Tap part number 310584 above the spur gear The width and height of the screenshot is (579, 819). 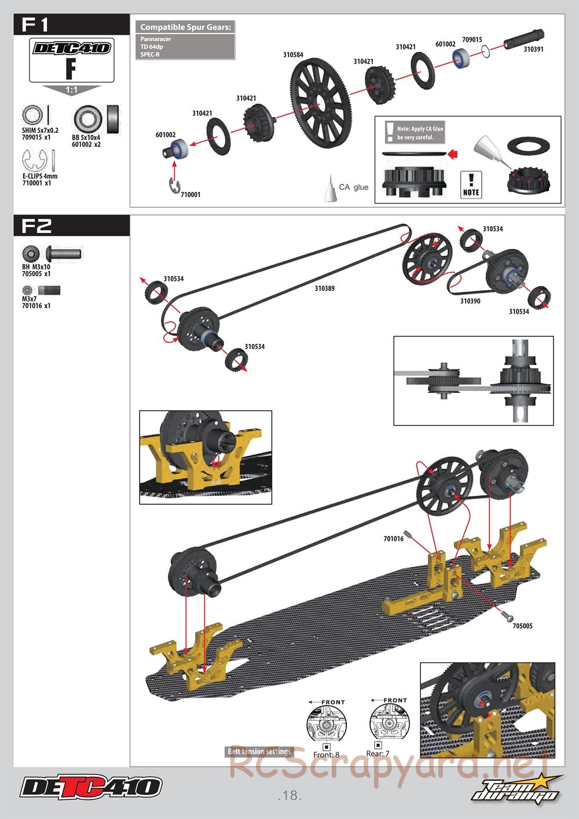(293, 55)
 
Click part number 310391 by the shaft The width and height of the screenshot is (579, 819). (533, 49)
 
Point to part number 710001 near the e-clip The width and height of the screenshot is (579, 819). (190, 195)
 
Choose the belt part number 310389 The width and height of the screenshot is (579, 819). (325, 288)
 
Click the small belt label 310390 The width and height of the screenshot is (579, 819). (470, 301)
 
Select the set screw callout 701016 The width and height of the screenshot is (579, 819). (393, 539)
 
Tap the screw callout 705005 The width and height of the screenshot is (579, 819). (522, 626)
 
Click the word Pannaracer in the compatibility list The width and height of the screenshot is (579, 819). (156, 39)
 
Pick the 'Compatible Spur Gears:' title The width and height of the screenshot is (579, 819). (186, 27)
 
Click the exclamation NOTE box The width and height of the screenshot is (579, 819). (471, 185)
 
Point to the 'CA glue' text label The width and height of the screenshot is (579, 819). (354, 187)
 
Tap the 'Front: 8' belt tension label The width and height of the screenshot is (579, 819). (326, 755)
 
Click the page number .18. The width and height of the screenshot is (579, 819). (289, 795)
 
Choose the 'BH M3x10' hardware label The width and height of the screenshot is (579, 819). (36, 267)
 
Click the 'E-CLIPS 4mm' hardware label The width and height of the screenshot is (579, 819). (40, 176)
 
